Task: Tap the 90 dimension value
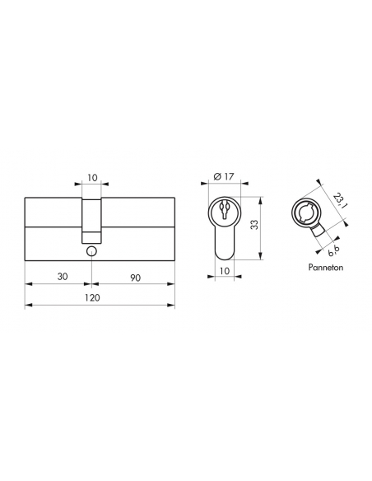pos(135,278)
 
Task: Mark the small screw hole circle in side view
pos(92,250)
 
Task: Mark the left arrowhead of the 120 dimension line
pos(29,306)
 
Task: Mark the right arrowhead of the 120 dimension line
pos(172,306)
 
